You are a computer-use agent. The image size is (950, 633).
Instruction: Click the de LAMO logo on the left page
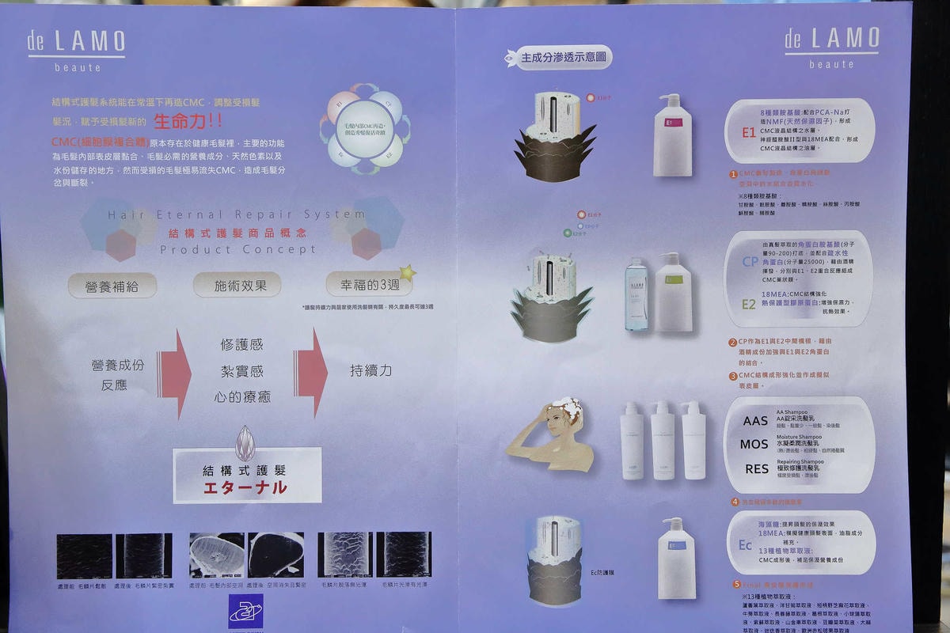[76, 50]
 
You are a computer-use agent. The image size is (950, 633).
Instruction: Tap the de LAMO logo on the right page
[831, 47]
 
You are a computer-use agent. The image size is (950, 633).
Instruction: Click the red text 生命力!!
[188, 122]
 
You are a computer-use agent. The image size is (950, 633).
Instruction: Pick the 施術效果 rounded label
[237, 286]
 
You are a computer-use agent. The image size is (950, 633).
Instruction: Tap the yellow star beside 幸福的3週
[407, 273]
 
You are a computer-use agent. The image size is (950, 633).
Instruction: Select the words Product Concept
[237, 249]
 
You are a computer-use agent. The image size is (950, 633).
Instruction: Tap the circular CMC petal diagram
[365, 128]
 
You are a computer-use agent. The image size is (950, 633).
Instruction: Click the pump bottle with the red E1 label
[672, 135]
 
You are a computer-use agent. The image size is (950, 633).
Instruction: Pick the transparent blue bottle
[636, 295]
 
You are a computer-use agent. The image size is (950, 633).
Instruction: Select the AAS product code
[755, 421]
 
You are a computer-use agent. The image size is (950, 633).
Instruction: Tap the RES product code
[756, 468]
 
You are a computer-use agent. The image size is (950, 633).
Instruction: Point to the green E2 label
[748, 304]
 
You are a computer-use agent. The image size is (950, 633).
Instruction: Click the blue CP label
[749, 262]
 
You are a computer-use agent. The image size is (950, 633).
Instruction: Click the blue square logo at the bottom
[245, 610]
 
